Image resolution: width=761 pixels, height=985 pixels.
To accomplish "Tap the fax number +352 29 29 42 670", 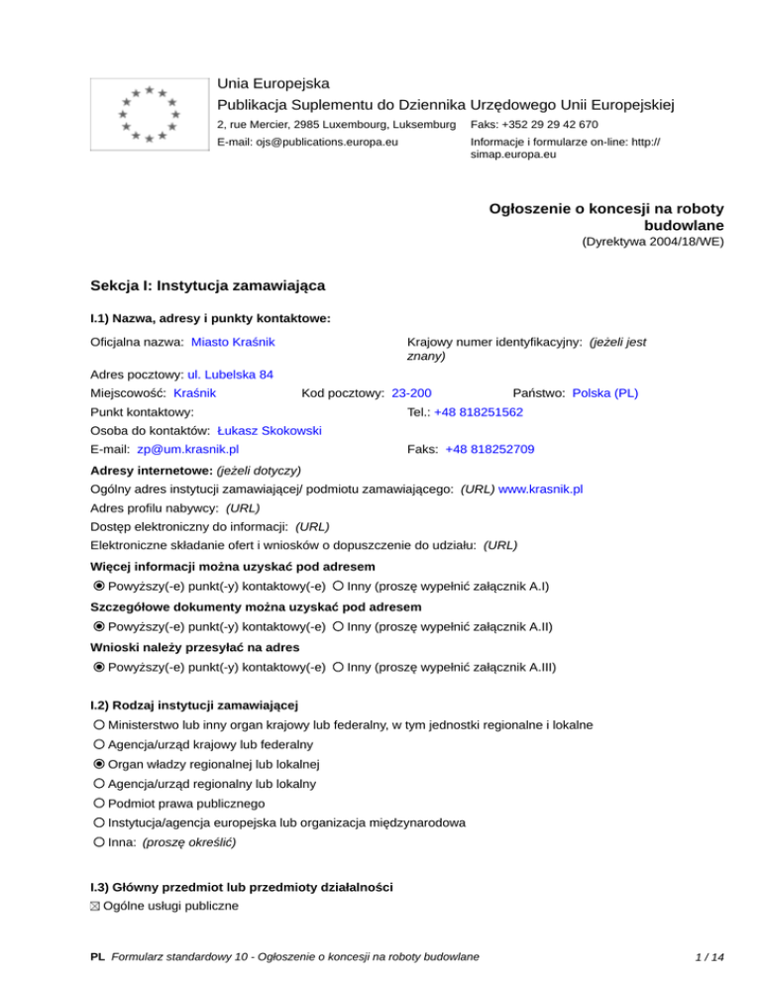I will pos(534,124).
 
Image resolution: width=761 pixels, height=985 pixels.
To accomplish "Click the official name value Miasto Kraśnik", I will pos(233,342).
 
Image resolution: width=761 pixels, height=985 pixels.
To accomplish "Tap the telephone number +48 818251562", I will pos(479,411).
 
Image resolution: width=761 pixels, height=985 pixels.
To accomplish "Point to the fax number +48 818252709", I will pos(490,449).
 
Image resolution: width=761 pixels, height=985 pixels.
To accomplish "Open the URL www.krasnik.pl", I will pos(540,489).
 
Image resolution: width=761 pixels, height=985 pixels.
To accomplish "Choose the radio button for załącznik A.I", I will pos(339,585).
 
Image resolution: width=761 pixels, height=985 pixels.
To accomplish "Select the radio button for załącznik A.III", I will pos(339,668).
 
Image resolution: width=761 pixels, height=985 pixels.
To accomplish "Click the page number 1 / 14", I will pos(710,956).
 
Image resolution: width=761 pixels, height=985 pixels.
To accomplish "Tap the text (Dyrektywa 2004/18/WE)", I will pos(652,241).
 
